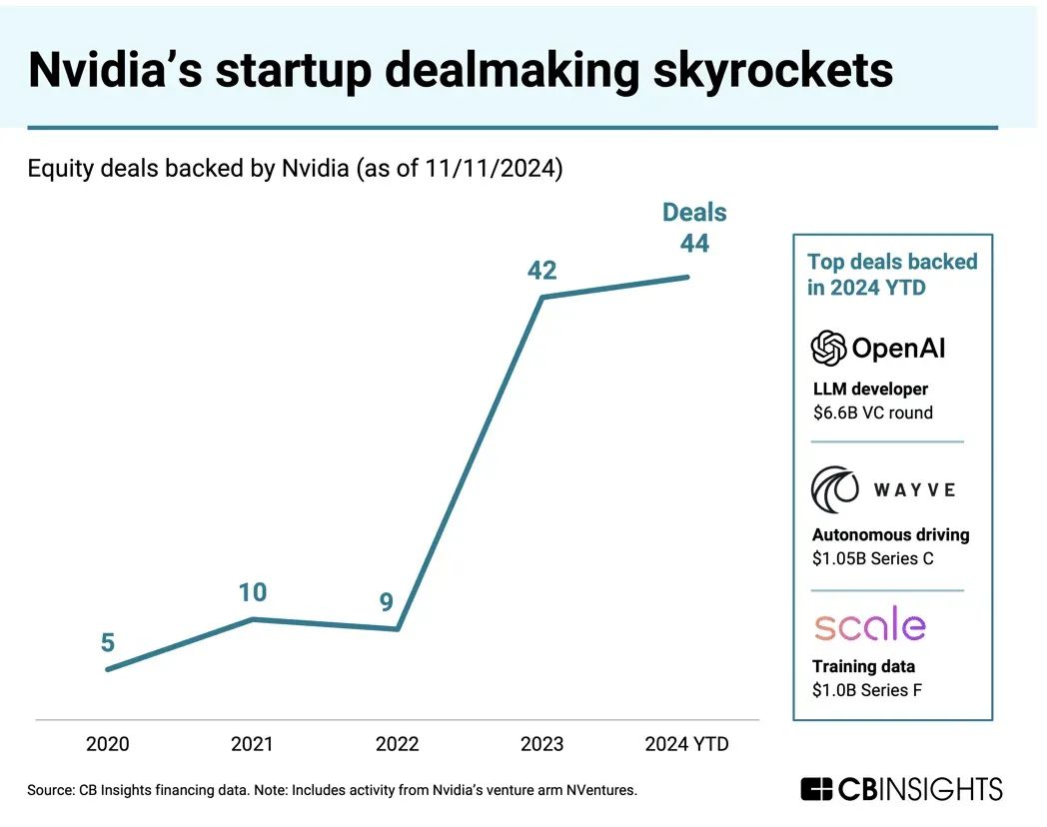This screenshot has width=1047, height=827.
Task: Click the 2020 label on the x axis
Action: point(107,744)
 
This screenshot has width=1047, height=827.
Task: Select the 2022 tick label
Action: point(397,744)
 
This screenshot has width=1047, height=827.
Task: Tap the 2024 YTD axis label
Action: point(686,744)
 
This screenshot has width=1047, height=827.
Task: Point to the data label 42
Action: point(541,271)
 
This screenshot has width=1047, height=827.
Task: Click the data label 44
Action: point(694,244)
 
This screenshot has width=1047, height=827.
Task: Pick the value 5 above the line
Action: point(107,643)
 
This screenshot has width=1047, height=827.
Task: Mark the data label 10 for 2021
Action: point(253,592)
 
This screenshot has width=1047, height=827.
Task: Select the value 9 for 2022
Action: point(387,602)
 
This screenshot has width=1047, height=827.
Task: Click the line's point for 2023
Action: point(542,298)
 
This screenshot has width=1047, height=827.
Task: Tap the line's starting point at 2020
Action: point(108,669)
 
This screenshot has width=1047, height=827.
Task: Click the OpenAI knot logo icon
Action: point(828,348)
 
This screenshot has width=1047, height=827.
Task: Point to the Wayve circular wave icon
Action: point(834,488)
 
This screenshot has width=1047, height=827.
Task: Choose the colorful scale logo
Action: point(869,625)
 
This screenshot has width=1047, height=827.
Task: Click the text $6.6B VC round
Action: point(872,413)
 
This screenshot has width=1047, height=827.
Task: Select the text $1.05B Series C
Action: point(872,558)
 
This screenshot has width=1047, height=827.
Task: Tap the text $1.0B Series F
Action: point(866,690)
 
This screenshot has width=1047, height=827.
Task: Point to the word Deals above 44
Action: point(694,213)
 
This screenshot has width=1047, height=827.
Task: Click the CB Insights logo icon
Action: point(817,789)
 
